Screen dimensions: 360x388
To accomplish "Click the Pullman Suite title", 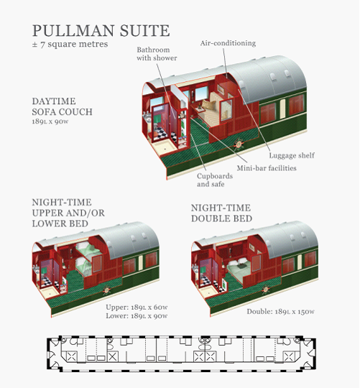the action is pyautogui.click(x=101, y=31).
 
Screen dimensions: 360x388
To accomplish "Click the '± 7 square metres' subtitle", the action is pyautogui.click(x=70, y=45).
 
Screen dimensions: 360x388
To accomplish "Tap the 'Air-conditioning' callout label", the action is pyautogui.click(x=228, y=43).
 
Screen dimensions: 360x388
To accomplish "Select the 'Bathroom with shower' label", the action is pyautogui.click(x=157, y=54).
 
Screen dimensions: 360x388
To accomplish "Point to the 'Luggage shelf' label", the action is pyautogui.click(x=292, y=155).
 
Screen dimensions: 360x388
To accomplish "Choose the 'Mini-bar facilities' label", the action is pyautogui.click(x=267, y=168).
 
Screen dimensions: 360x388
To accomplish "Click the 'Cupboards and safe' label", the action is pyautogui.click(x=215, y=180).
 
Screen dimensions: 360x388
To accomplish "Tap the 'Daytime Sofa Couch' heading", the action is pyautogui.click(x=62, y=106).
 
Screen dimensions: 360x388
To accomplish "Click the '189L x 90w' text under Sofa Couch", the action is pyautogui.click(x=50, y=121).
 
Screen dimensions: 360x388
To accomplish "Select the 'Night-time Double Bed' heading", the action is pyautogui.click(x=221, y=213).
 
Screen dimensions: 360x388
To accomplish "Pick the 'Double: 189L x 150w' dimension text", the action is pyautogui.click(x=280, y=311).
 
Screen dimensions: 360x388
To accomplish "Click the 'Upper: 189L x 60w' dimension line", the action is pyautogui.click(x=137, y=307).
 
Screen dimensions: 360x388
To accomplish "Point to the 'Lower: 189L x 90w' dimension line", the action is pyautogui.click(x=137, y=315).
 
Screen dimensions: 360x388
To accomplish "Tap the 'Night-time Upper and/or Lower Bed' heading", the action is pyautogui.click(x=68, y=213).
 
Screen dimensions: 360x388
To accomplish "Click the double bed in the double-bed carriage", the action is pyautogui.click(x=239, y=269).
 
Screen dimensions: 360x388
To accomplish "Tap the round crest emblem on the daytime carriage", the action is pyautogui.click(x=239, y=144).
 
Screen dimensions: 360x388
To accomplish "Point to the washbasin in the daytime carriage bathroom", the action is pyautogui.click(x=147, y=118).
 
